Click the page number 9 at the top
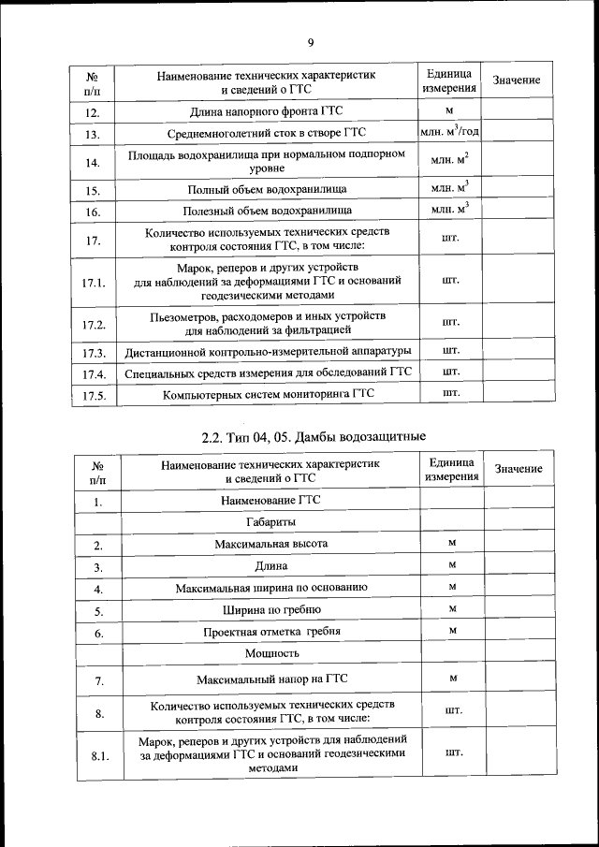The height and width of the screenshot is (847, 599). [x=310, y=41]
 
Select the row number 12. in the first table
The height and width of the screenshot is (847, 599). [x=92, y=113]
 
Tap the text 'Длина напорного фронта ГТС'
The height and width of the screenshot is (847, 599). [x=268, y=112]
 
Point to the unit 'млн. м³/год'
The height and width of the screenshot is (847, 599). [x=449, y=134]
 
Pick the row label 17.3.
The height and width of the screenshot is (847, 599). [x=93, y=354]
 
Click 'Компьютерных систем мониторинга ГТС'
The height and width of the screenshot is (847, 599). [x=268, y=395]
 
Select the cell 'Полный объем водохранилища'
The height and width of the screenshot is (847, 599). [x=268, y=190]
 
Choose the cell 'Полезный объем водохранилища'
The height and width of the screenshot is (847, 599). [x=268, y=212]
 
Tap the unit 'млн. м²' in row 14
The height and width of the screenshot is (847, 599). [x=449, y=161]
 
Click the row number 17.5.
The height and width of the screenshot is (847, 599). [x=93, y=396]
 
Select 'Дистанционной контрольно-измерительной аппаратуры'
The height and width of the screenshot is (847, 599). [x=268, y=353]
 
